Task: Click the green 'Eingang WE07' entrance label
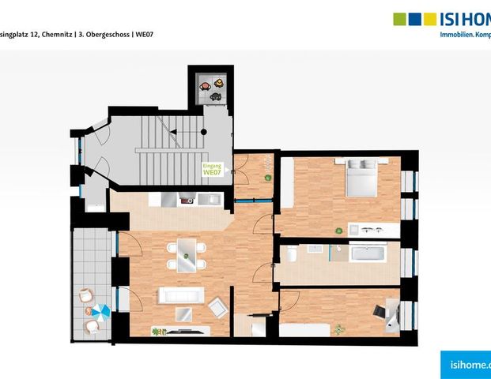(212, 169)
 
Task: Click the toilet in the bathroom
(291, 254)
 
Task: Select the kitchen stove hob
(187, 201)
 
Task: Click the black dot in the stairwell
(204, 133)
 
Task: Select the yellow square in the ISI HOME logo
(430, 19)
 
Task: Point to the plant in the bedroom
(338, 230)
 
